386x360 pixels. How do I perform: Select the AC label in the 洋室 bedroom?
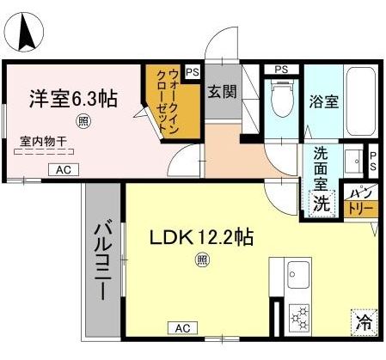point(64,170)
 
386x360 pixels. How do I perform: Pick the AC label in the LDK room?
point(183,328)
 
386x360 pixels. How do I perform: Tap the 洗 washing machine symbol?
point(320,204)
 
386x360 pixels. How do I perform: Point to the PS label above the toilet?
point(280,69)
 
